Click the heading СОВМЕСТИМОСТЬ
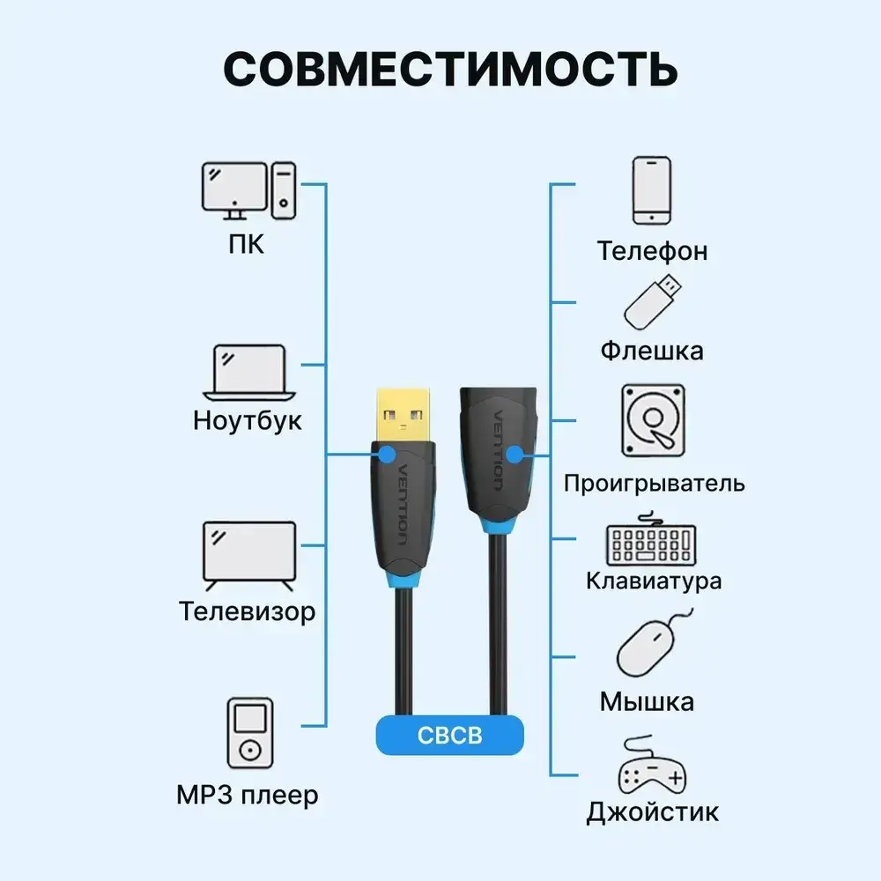click(x=450, y=70)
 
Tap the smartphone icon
click(x=652, y=190)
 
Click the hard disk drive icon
click(x=653, y=421)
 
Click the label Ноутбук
click(x=248, y=419)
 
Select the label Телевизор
click(x=248, y=611)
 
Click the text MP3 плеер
click(x=248, y=796)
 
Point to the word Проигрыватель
click(x=654, y=483)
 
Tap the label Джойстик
click(x=653, y=811)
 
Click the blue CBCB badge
click(x=449, y=736)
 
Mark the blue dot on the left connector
click(x=386, y=455)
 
